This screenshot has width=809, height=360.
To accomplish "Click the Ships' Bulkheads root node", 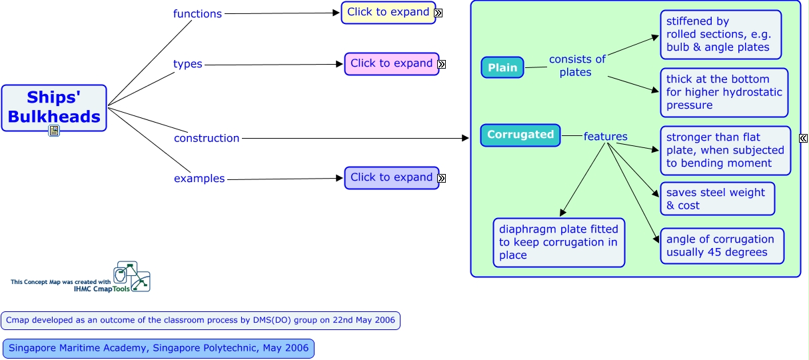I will [x=54, y=107].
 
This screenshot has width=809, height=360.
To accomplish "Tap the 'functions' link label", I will [x=197, y=13].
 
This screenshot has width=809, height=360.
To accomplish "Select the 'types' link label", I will [x=188, y=64].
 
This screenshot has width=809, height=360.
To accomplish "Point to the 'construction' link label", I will [x=207, y=138].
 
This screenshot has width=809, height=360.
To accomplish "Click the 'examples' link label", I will [x=199, y=179].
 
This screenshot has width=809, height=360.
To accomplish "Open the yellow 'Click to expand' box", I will [x=388, y=12].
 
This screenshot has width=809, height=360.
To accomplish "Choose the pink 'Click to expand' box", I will [x=391, y=63].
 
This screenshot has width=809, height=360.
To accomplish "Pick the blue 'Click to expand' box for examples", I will [x=391, y=177].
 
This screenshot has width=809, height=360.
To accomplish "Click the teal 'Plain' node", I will [x=502, y=67].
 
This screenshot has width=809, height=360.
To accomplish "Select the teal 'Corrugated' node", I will [x=520, y=135].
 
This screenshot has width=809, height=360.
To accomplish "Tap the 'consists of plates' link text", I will [x=577, y=65].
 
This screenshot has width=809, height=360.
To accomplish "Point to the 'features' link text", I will [x=605, y=137].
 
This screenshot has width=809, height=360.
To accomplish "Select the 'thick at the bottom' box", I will [x=724, y=92].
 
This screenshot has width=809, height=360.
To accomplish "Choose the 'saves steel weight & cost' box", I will [x=717, y=199].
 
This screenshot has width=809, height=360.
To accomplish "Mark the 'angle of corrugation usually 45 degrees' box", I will [x=722, y=245].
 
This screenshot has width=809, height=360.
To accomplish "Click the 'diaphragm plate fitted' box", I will [x=559, y=242].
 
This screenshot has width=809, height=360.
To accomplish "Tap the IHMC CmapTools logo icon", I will [x=131, y=276].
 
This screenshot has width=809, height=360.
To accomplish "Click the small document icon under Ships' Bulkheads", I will [x=54, y=131].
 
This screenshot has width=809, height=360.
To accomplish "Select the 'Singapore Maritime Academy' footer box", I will [x=158, y=348].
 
